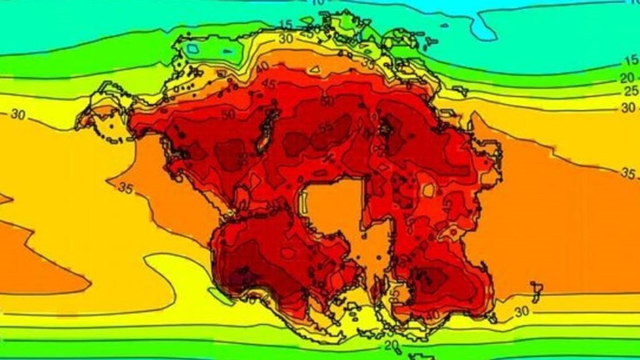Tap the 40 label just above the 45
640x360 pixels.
[x=263, y=67]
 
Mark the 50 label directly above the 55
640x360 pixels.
[x=327, y=101]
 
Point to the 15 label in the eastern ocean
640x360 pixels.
[x=631, y=61]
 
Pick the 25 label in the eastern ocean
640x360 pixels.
[x=630, y=92]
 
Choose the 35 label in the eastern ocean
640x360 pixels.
[x=628, y=173]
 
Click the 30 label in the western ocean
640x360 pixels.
[x=17, y=114]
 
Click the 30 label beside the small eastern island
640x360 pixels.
[x=522, y=312]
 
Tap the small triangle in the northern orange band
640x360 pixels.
[x=315, y=69]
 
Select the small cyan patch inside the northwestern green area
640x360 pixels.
[x=193, y=48]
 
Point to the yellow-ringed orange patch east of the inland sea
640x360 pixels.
[x=428, y=191]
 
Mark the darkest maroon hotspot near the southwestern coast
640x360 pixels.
[x=237, y=279]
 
